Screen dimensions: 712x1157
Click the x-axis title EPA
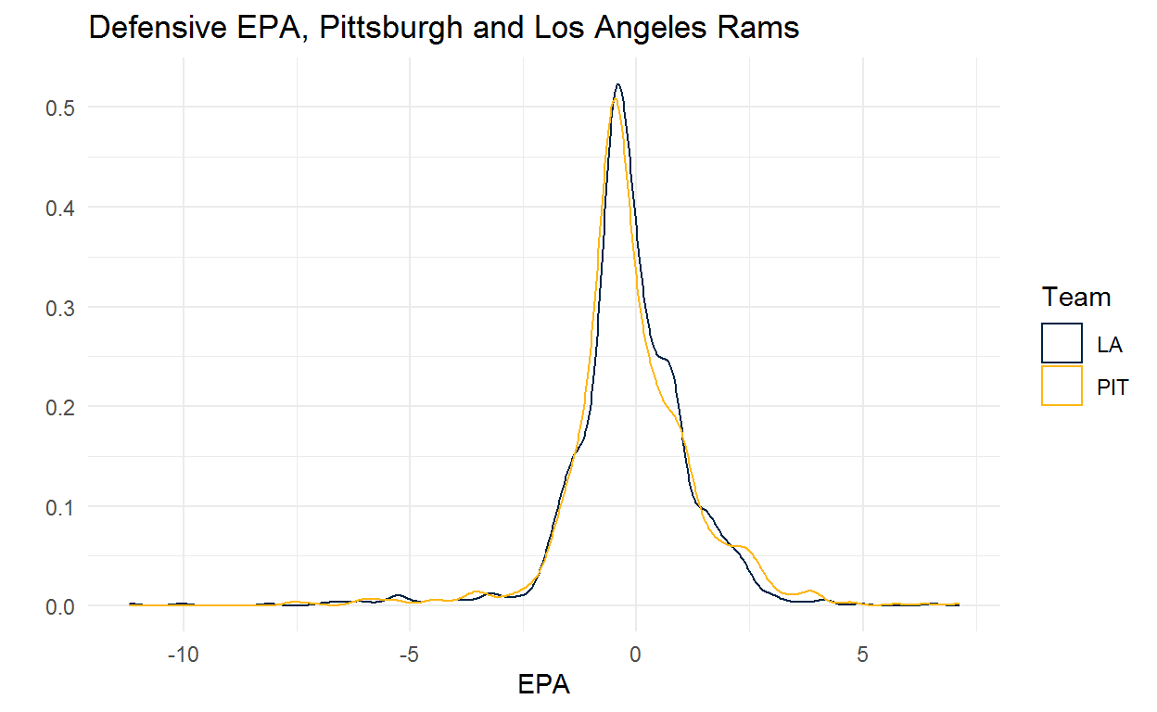543,686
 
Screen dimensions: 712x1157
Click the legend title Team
1076,298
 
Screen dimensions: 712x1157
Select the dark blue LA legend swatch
1062,343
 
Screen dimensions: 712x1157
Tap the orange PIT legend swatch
1062,386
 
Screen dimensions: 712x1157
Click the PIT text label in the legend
1112,387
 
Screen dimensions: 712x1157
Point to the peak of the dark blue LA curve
617,84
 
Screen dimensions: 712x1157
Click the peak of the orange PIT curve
615,99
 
